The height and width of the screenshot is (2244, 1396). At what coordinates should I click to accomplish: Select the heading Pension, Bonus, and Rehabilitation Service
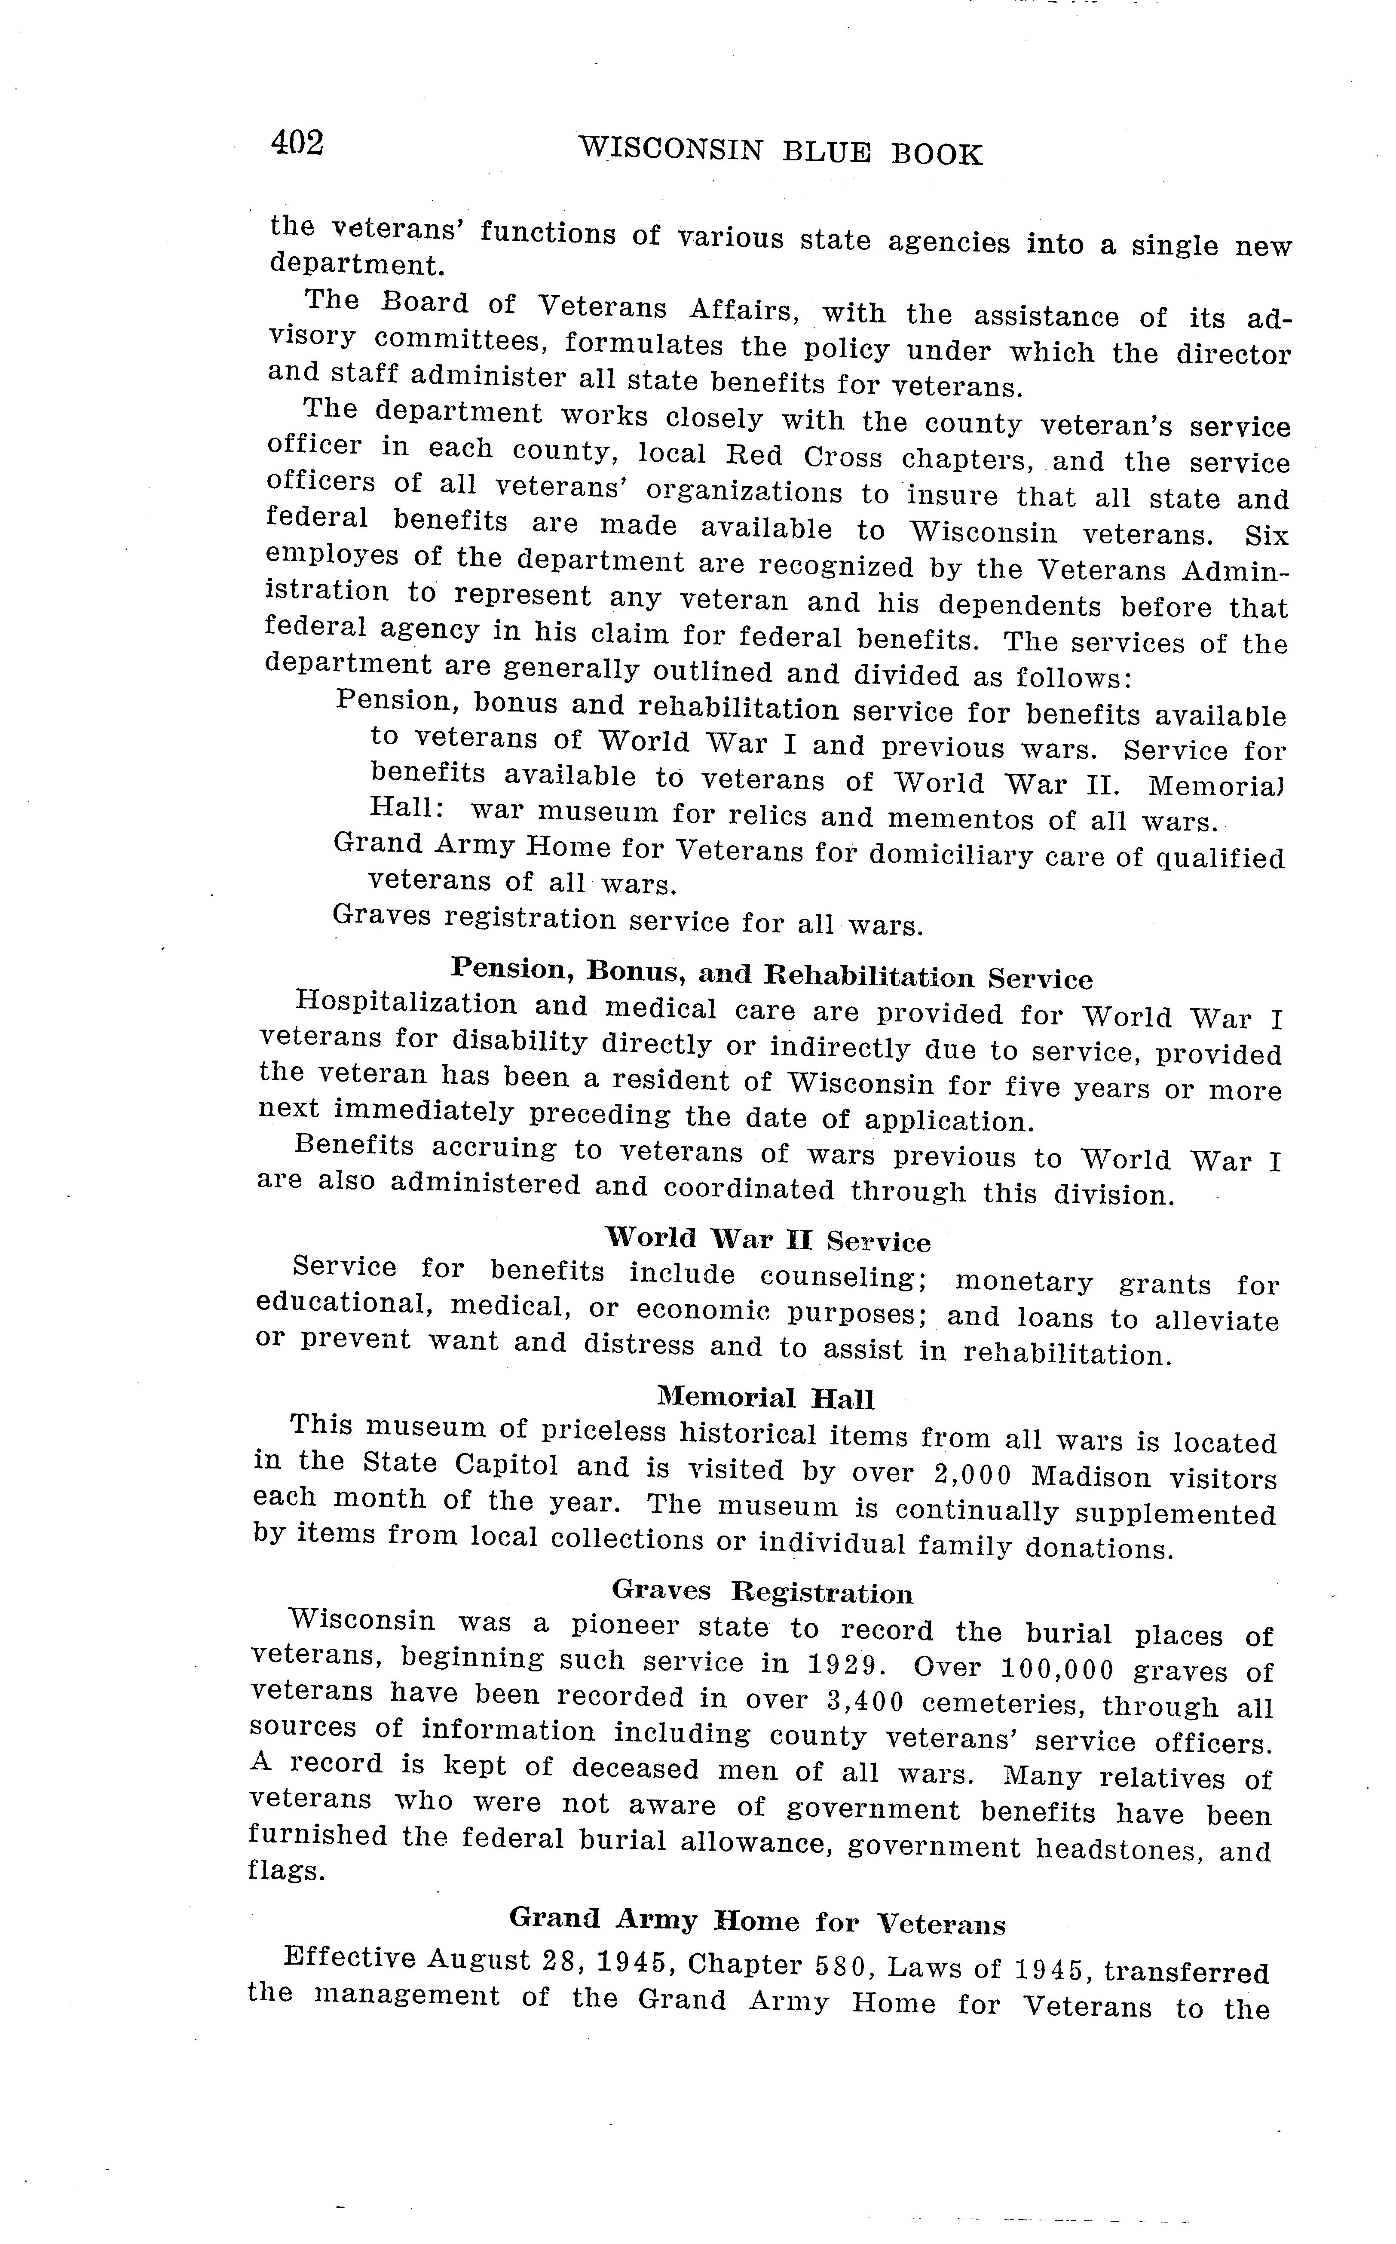click(x=771, y=973)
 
